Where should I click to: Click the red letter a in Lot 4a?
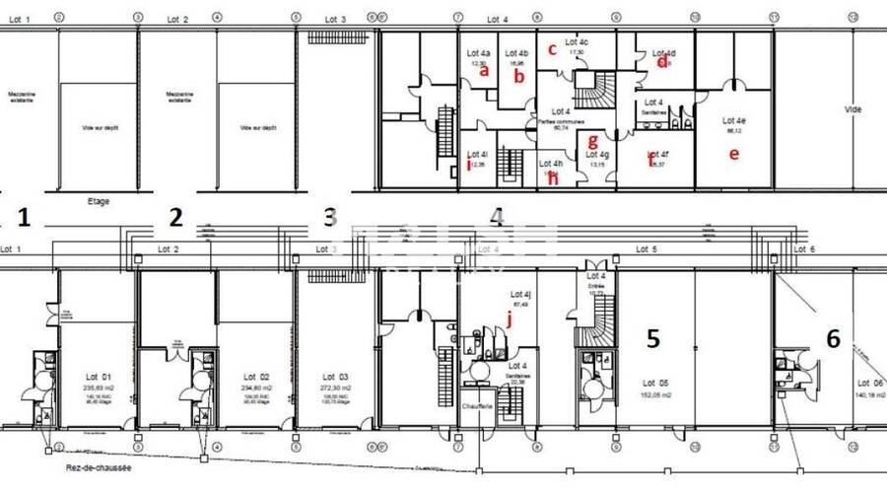[x=483, y=70]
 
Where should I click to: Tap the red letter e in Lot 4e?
[x=732, y=153]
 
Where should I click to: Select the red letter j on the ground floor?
[x=510, y=317]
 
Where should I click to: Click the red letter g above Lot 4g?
[x=592, y=141]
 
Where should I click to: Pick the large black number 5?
[x=652, y=338]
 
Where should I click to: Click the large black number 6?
[x=833, y=339]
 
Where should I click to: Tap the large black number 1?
[x=26, y=217]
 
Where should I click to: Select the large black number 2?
[x=176, y=217]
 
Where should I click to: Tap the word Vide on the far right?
[x=853, y=109]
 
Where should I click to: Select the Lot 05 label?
[x=655, y=383]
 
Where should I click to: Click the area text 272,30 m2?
[x=336, y=388]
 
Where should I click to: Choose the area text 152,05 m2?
[x=655, y=393]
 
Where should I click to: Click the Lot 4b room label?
[x=516, y=53]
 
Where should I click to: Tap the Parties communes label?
[x=561, y=120]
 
